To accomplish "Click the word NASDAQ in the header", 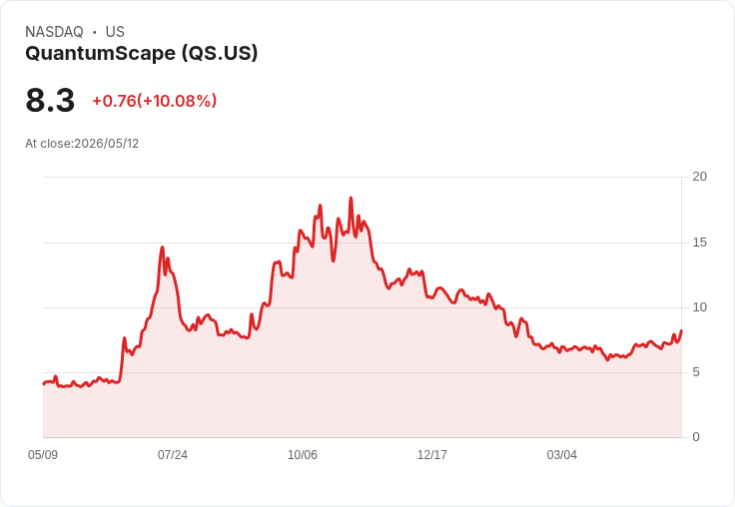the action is pos(54,32).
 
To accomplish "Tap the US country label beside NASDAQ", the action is pos(115,32).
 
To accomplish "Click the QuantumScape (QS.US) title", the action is pos(142,53).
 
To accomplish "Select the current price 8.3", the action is pos(50,100).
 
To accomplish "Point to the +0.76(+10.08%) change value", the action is pos(154,101).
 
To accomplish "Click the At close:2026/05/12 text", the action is pos(82,144).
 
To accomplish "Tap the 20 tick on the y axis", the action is pos(699,177).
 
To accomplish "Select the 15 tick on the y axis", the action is pos(699,243).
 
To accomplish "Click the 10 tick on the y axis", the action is pos(699,307).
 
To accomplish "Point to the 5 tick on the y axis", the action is pos(696,372).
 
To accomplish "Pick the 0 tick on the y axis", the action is pos(696,437).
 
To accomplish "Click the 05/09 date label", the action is pos(43,455).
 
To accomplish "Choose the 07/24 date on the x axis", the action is pos(173,455).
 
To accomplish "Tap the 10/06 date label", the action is pos(303,455).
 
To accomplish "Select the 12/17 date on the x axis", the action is pos(432,455).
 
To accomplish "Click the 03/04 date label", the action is pos(561,455).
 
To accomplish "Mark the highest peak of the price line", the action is pos(351,198).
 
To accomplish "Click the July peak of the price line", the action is pos(162,247).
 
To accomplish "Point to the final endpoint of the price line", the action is pos(681,330).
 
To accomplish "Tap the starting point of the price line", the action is pos(43,384).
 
